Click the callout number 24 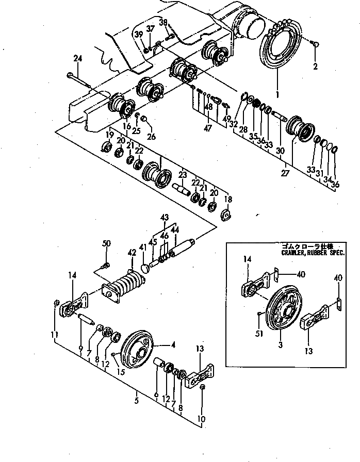click(78, 59)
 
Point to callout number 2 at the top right click(315, 67)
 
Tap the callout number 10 click(202, 419)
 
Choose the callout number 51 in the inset click(259, 334)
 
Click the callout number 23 click(182, 175)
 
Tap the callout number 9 click(80, 350)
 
